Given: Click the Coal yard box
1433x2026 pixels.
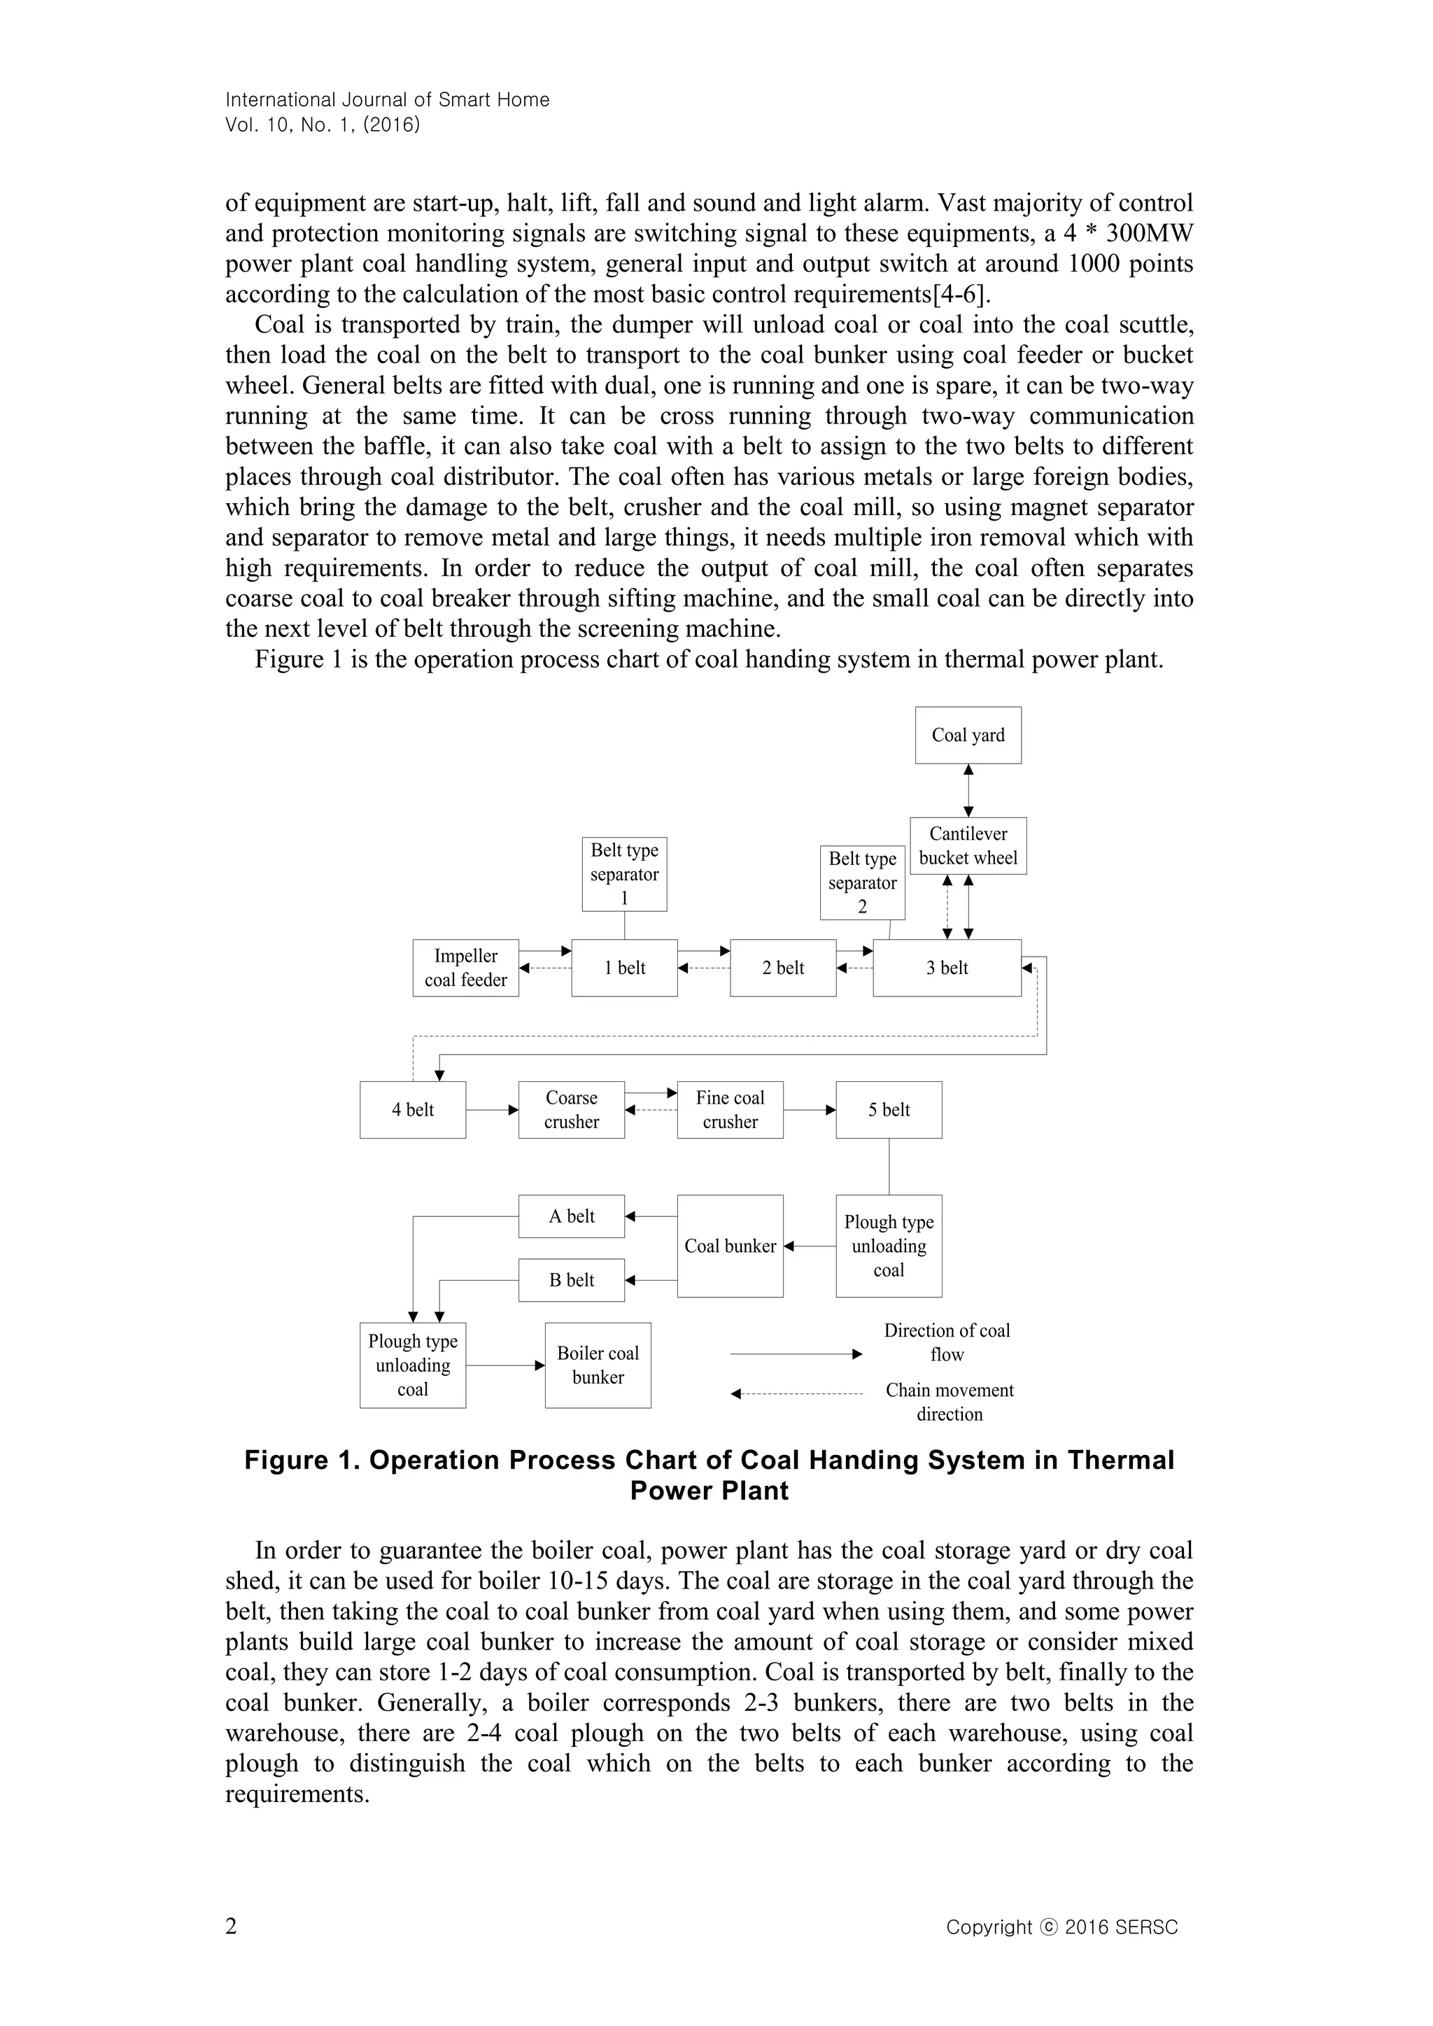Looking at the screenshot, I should coord(968,735).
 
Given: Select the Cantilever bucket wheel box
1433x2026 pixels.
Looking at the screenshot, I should coord(968,845).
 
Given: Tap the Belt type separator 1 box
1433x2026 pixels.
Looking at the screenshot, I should coord(624,873).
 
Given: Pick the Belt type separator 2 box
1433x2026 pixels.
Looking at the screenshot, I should coord(862,882).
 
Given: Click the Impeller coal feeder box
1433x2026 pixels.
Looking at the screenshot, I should coord(465,968).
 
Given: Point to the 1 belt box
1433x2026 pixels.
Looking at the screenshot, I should coord(624,968).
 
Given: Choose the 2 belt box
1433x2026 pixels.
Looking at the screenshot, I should coord(783,968).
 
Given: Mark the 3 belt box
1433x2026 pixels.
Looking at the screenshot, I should coord(947,968).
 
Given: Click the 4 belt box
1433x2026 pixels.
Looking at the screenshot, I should coord(412,1110).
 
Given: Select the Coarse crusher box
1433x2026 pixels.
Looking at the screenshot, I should coord(571,1110).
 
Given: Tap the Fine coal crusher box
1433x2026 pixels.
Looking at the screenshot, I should coord(730,1110).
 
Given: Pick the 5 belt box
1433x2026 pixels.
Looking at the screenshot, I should coord(889,1110).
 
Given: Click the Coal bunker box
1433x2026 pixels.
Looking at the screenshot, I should coord(730,1246).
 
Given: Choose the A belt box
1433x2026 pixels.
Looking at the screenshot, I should coord(571,1216).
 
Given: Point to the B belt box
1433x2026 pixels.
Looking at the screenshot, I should coord(571,1281).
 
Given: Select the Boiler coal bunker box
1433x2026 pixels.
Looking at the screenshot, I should coord(598,1365).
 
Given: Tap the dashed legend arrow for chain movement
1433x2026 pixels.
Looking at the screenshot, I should coord(796,1394).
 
